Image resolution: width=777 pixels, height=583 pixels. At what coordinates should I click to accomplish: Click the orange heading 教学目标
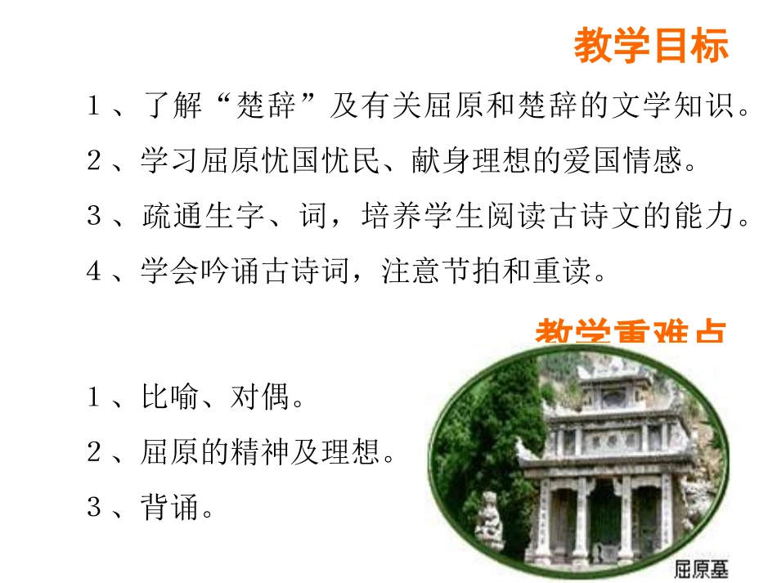pyautogui.click(x=650, y=46)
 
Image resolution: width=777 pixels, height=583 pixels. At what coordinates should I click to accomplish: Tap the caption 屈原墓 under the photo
pyautogui.click(x=700, y=568)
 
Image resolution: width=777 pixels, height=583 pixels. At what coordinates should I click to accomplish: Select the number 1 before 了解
pyautogui.click(x=93, y=106)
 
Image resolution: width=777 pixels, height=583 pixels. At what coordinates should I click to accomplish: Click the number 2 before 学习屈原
pyautogui.click(x=93, y=161)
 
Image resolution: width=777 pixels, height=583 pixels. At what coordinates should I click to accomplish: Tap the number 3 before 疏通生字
pyautogui.click(x=93, y=216)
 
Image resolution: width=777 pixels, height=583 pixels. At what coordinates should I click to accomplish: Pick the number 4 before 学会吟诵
pyautogui.click(x=93, y=271)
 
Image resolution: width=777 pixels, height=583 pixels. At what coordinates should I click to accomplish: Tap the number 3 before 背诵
pyautogui.click(x=93, y=508)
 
